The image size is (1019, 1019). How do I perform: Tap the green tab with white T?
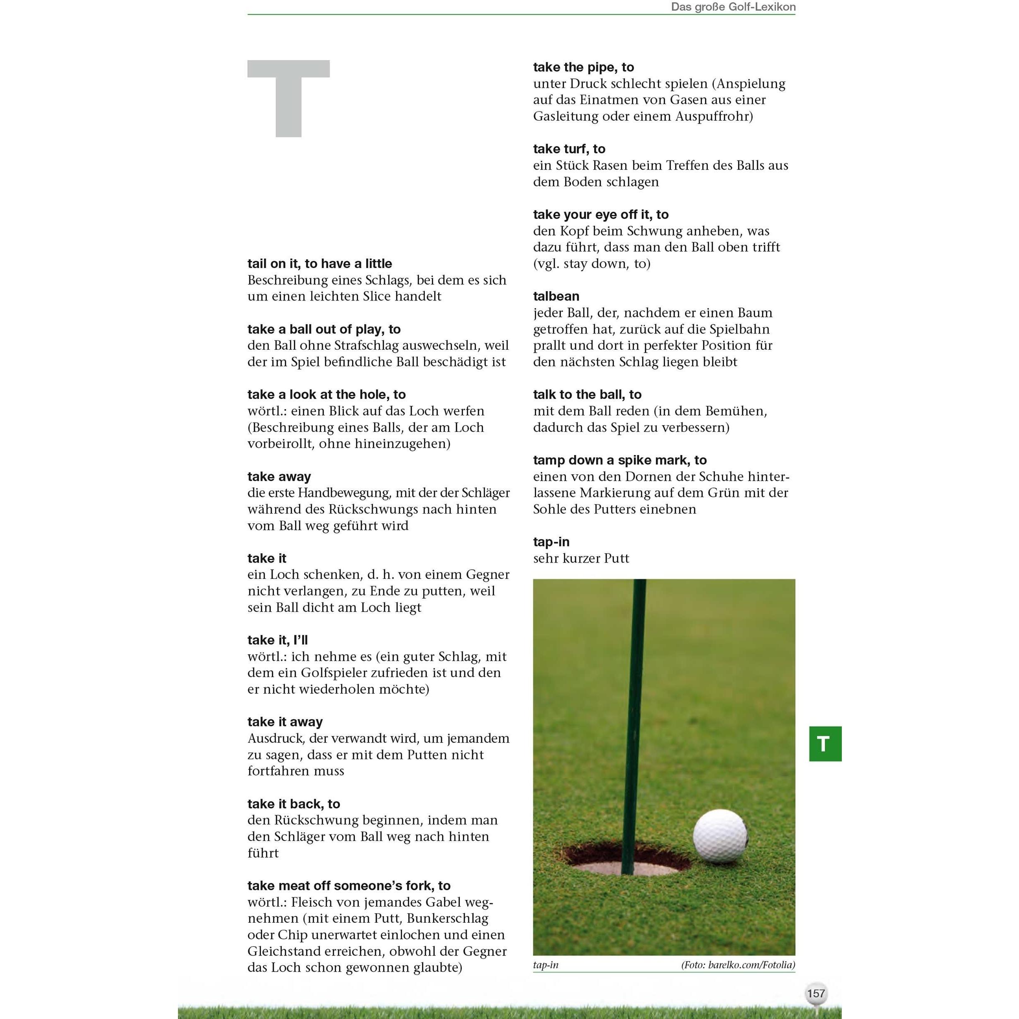pyautogui.click(x=825, y=744)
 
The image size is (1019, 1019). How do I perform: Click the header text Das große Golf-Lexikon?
pyautogui.click(x=733, y=7)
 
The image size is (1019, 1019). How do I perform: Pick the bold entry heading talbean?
pyautogui.click(x=556, y=296)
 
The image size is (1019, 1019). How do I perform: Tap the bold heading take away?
pyautogui.click(x=279, y=477)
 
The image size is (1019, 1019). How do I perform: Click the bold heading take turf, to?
pyautogui.click(x=569, y=149)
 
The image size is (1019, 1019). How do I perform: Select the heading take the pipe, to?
pyautogui.click(x=583, y=68)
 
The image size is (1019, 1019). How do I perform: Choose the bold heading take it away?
pyautogui.click(x=285, y=722)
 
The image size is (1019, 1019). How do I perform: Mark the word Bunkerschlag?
pyautogui.click(x=448, y=918)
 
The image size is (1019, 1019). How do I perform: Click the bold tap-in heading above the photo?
pyautogui.click(x=551, y=542)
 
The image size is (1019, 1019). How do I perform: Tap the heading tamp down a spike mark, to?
pyautogui.click(x=620, y=461)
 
